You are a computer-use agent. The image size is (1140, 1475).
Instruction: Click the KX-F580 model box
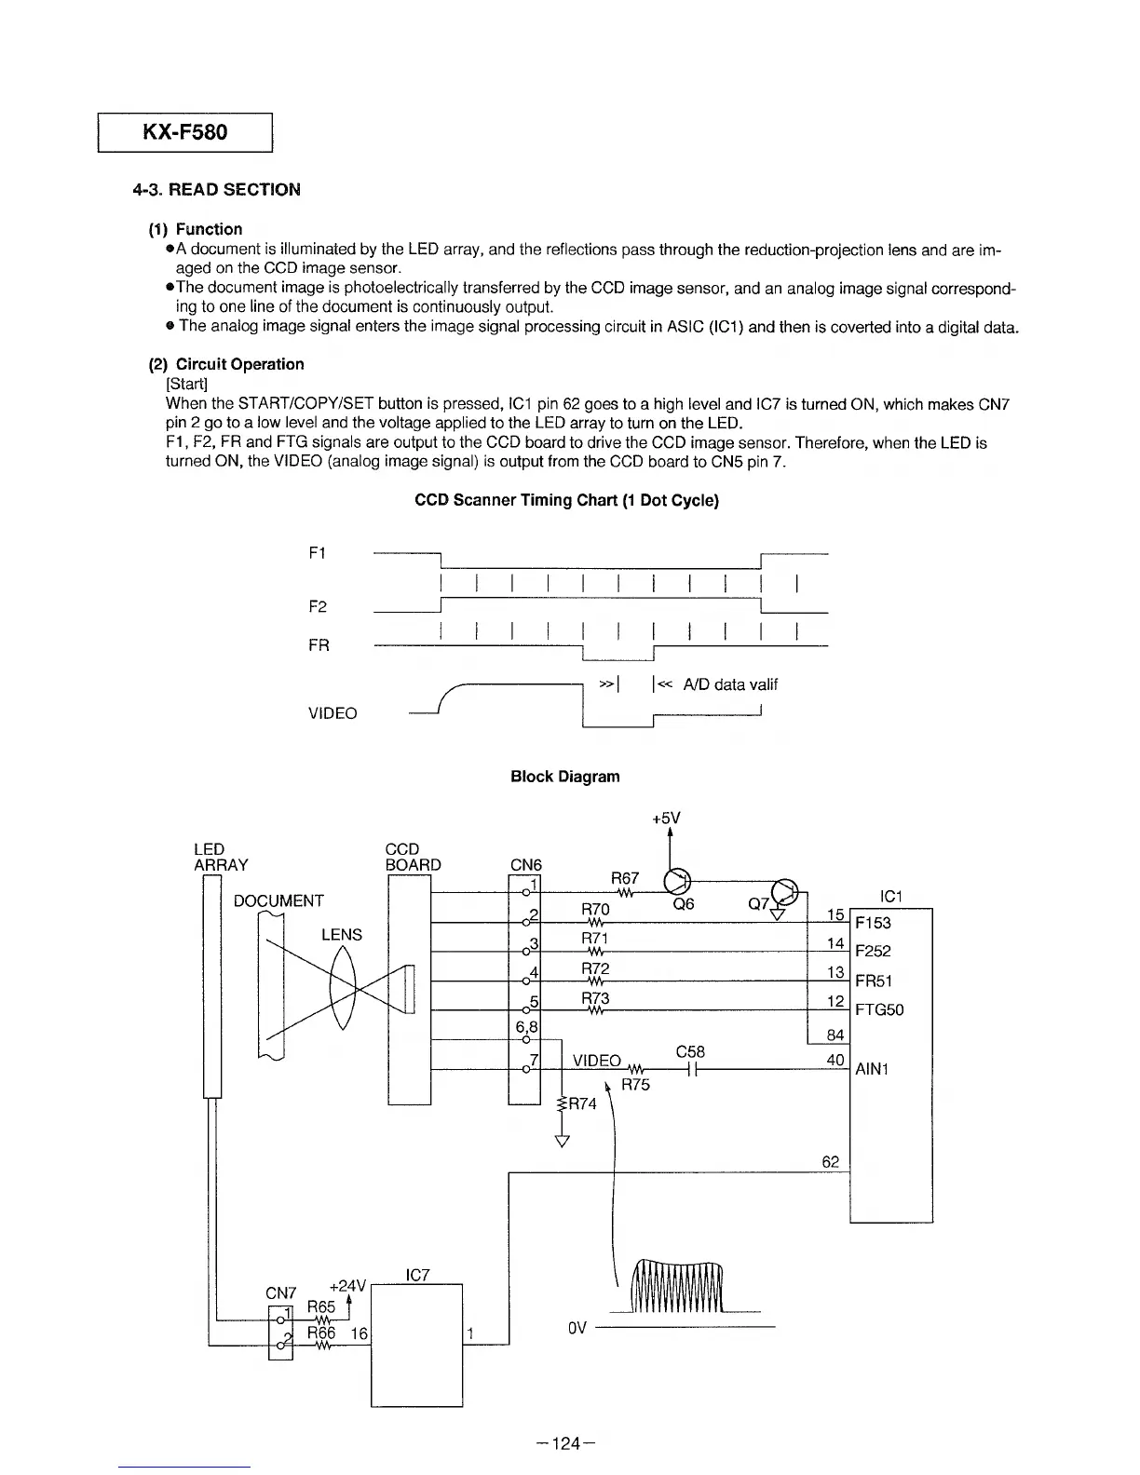184,131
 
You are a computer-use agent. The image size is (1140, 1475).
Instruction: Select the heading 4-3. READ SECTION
216,190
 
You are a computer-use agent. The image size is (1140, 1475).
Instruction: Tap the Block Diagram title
564,777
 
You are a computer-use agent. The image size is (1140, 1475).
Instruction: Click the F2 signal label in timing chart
318,607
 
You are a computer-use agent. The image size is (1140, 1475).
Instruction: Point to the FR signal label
319,645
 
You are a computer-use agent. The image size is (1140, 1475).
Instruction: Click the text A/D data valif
729,684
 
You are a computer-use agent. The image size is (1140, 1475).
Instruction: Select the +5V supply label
666,819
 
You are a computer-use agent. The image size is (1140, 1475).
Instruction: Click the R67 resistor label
624,878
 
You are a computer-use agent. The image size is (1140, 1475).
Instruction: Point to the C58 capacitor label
690,1051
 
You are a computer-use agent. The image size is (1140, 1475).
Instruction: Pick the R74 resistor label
582,1104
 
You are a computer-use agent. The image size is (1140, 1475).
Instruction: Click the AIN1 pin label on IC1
872,1069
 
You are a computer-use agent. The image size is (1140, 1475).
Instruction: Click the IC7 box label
418,1275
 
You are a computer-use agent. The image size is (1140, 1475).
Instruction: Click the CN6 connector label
526,865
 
